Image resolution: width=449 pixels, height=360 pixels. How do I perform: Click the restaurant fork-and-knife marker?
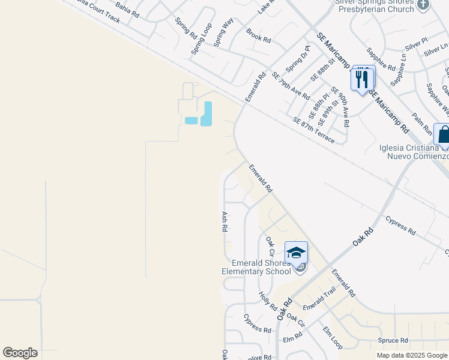[x=362, y=79]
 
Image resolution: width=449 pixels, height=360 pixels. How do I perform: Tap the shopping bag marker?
[x=443, y=134]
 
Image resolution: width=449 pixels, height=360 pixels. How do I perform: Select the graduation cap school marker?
[x=296, y=253]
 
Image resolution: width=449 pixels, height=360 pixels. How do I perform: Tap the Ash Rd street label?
[x=224, y=221]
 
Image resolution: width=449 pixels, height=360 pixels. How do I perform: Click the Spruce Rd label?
[x=393, y=340]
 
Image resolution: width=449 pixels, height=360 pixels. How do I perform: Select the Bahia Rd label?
[x=127, y=8]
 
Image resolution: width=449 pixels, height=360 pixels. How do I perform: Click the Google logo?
[x=20, y=353]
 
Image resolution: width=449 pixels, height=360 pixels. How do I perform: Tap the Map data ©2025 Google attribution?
[x=412, y=355]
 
